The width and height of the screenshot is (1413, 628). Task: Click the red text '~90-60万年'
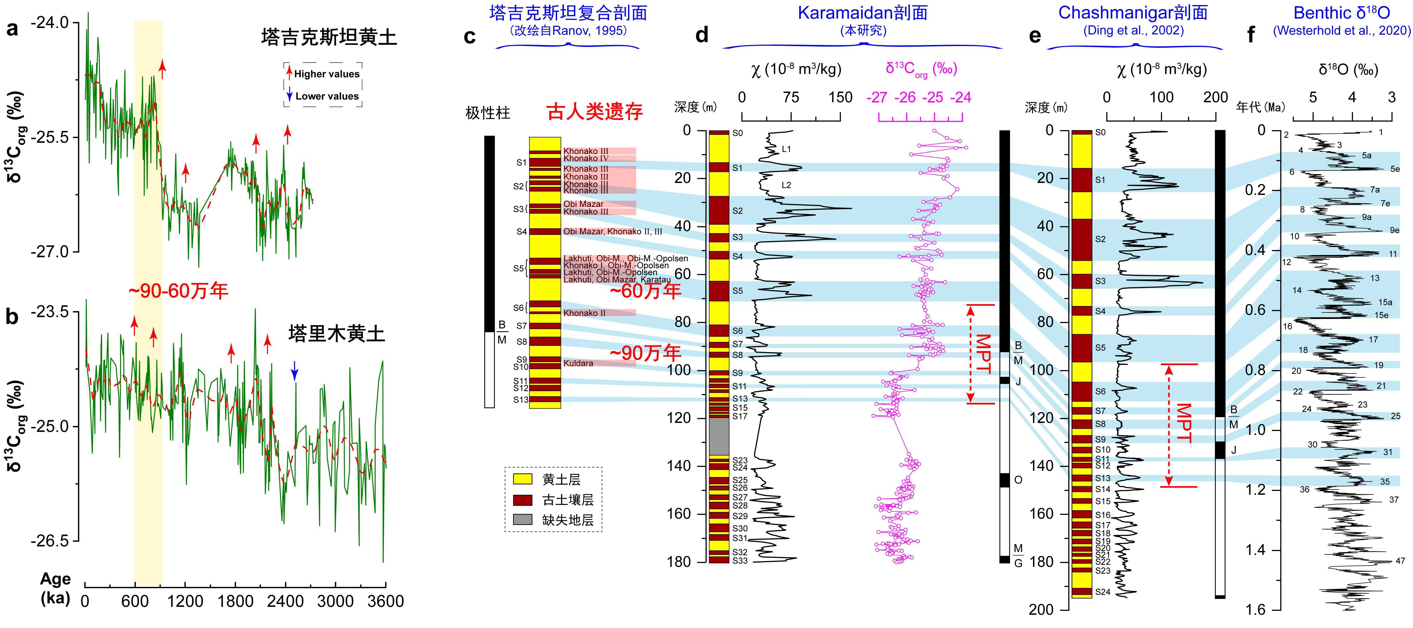(x=178, y=291)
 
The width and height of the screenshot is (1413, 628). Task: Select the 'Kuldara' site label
(x=578, y=363)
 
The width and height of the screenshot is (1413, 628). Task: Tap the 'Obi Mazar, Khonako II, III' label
(x=612, y=231)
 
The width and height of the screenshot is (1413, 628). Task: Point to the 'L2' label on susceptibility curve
(x=786, y=185)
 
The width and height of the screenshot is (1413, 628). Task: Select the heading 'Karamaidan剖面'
(x=862, y=12)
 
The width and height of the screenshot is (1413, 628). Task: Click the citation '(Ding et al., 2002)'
(x=1133, y=31)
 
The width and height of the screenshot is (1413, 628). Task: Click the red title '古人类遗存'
(x=595, y=112)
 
